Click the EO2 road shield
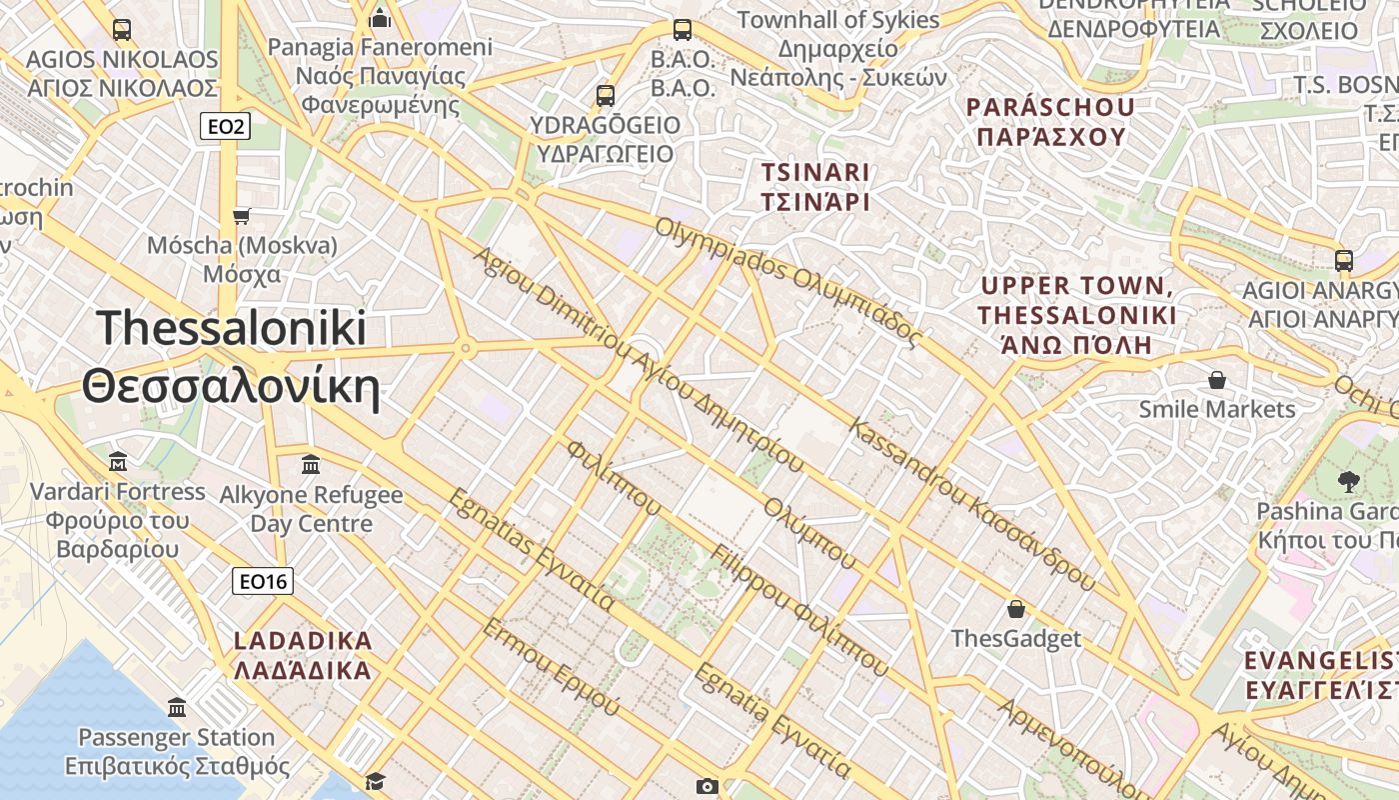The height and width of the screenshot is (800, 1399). click(225, 126)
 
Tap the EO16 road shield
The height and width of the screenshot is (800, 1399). click(263, 581)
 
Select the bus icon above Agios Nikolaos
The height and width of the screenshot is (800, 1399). click(122, 30)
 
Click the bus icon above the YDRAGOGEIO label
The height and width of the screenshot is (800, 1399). click(605, 96)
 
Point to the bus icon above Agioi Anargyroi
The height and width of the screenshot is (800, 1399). click(1343, 261)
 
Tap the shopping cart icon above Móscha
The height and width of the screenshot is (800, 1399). click(241, 216)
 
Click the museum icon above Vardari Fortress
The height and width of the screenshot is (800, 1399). click(118, 462)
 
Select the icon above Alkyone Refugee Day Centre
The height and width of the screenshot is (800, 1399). click(311, 465)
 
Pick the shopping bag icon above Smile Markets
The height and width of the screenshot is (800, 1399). click(1216, 380)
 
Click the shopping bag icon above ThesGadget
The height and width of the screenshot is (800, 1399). click(1015, 609)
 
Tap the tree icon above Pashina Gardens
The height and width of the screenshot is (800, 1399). click(1348, 482)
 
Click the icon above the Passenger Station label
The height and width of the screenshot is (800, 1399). click(177, 708)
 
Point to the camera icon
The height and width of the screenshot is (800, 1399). click(707, 786)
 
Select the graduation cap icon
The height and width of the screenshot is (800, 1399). click(375, 780)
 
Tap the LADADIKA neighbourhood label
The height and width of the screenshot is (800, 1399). click(302, 655)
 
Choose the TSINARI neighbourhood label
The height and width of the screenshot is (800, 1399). click(815, 187)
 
